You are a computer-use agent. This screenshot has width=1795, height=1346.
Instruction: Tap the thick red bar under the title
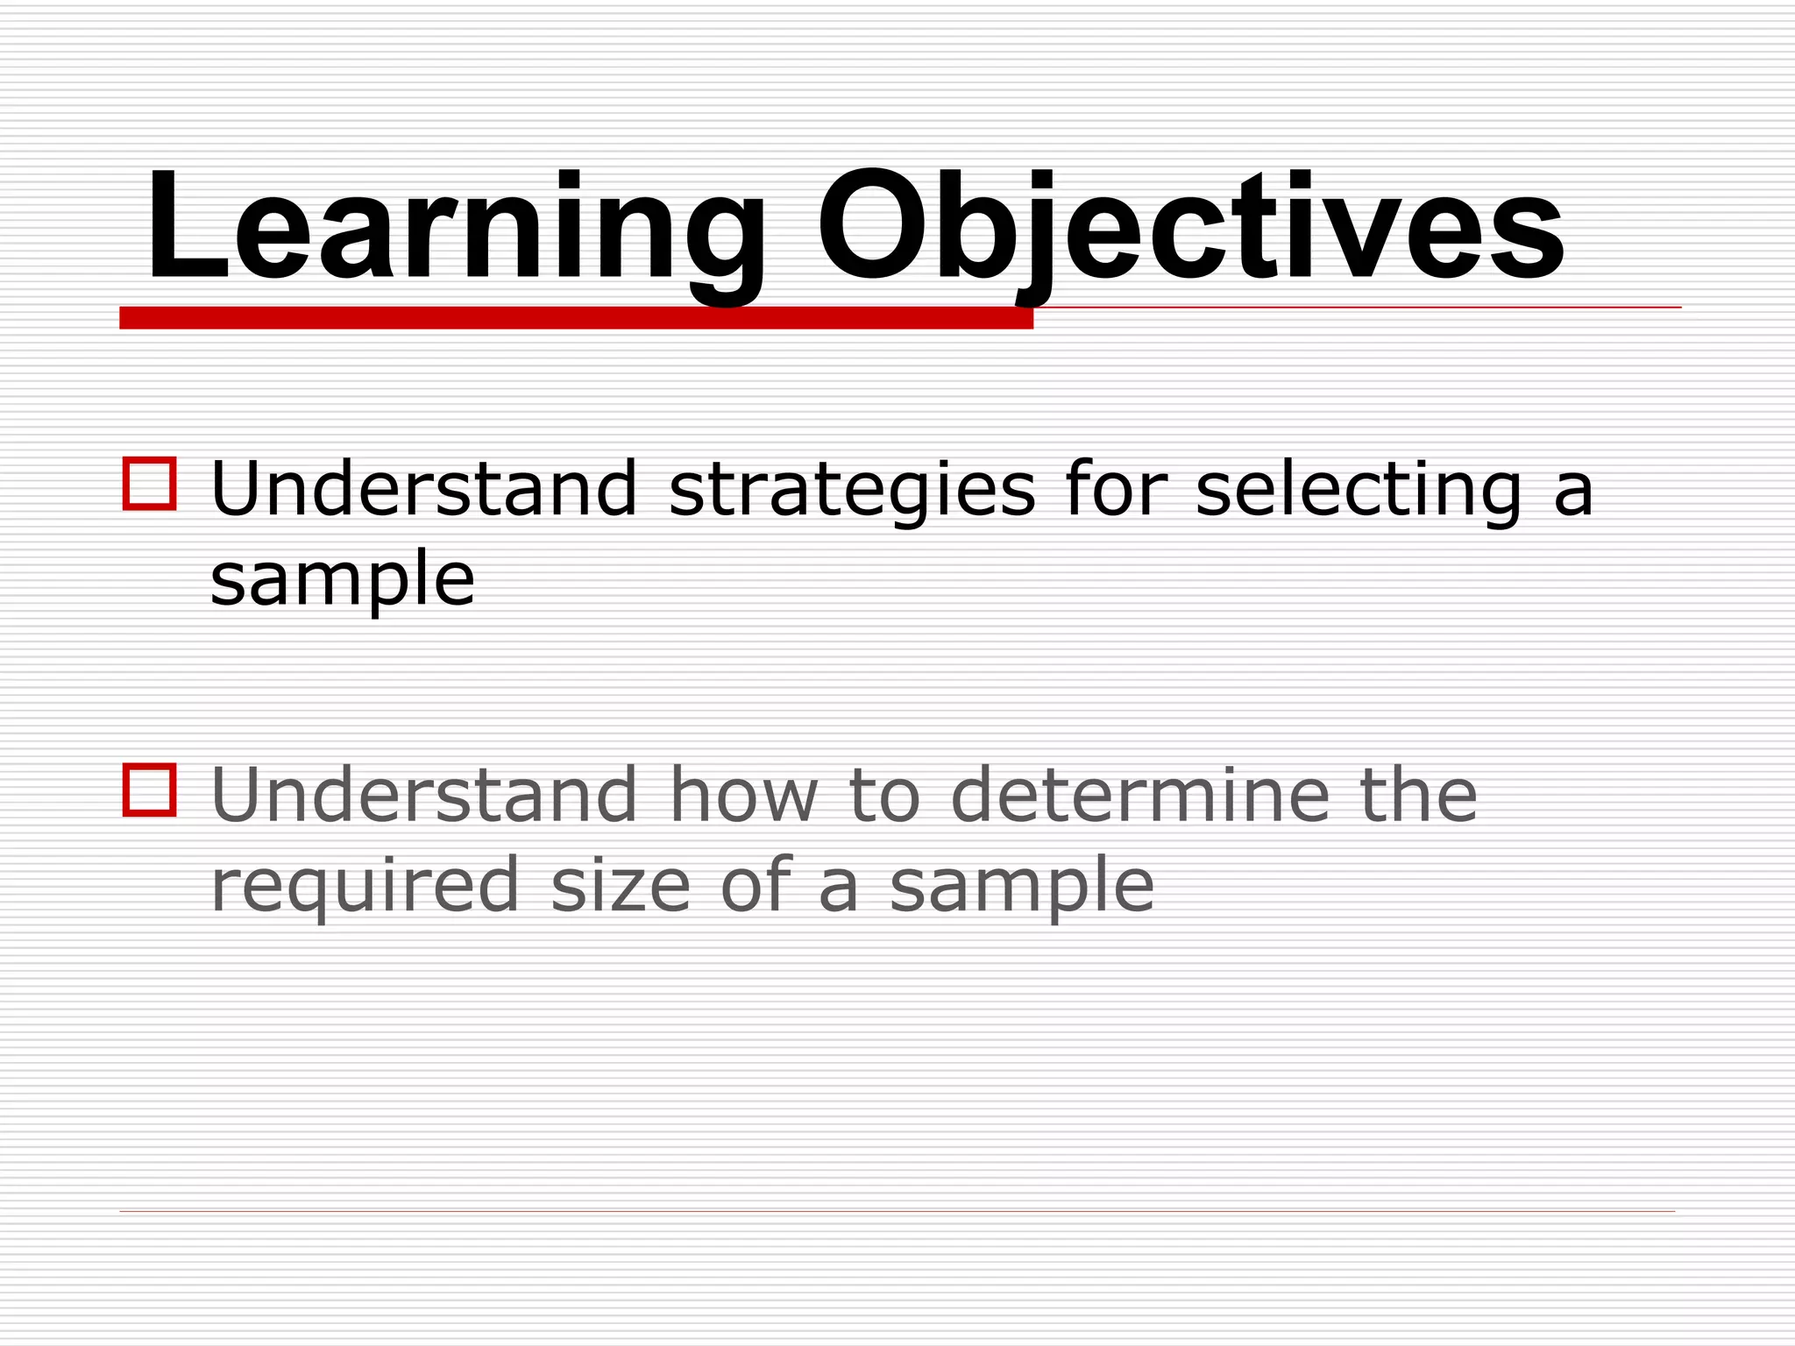[576, 318]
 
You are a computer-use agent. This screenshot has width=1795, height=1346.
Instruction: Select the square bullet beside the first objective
[150, 483]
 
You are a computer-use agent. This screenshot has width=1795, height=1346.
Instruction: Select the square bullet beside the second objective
[150, 790]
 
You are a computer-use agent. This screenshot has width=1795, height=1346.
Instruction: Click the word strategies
[852, 491]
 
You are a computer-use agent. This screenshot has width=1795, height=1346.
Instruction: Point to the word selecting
[1359, 491]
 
